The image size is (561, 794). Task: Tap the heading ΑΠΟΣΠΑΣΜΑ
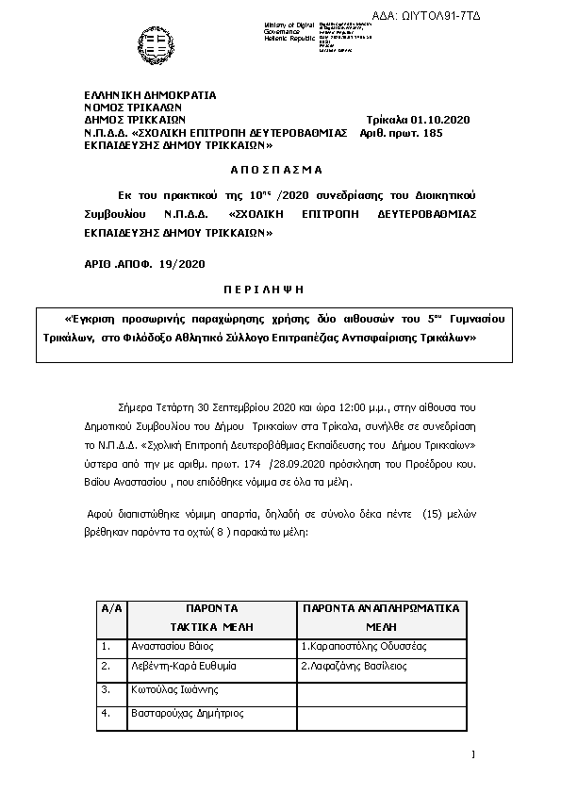[x=276, y=170]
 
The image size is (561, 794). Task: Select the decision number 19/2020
[x=184, y=264]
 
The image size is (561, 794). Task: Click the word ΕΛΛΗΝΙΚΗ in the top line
[x=111, y=95]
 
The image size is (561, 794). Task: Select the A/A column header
[x=111, y=608]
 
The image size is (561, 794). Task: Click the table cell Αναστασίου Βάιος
[x=172, y=646]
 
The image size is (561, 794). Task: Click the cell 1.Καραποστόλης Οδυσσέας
[x=364, y=646]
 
